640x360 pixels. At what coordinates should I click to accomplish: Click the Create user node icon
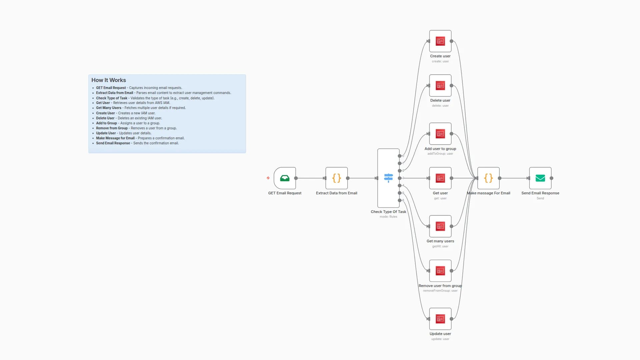440,41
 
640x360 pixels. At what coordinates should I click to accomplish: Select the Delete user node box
440,86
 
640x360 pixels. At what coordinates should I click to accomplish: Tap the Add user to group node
440,134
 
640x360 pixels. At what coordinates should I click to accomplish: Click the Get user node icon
440,178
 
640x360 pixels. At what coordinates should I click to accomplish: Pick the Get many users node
440,226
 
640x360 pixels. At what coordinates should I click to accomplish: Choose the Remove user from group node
440,271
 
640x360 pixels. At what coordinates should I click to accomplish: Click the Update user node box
440,319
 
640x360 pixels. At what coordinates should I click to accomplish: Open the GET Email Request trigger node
285,178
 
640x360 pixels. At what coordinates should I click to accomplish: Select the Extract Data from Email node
336,178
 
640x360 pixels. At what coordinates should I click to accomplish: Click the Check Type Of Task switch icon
388,178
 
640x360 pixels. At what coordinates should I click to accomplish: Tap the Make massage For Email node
488,178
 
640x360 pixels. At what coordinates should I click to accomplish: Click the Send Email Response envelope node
540,178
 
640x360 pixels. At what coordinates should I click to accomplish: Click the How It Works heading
109,80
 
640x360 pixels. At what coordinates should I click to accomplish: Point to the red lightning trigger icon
268,178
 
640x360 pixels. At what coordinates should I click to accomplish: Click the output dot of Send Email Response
551,178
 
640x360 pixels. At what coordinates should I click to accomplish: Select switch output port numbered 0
400,156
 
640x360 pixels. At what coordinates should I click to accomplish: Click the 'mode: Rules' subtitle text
388,217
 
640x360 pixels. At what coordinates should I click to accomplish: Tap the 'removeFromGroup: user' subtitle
440,291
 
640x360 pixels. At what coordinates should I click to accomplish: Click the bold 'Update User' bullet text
106,133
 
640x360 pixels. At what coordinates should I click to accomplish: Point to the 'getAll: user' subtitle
440,246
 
